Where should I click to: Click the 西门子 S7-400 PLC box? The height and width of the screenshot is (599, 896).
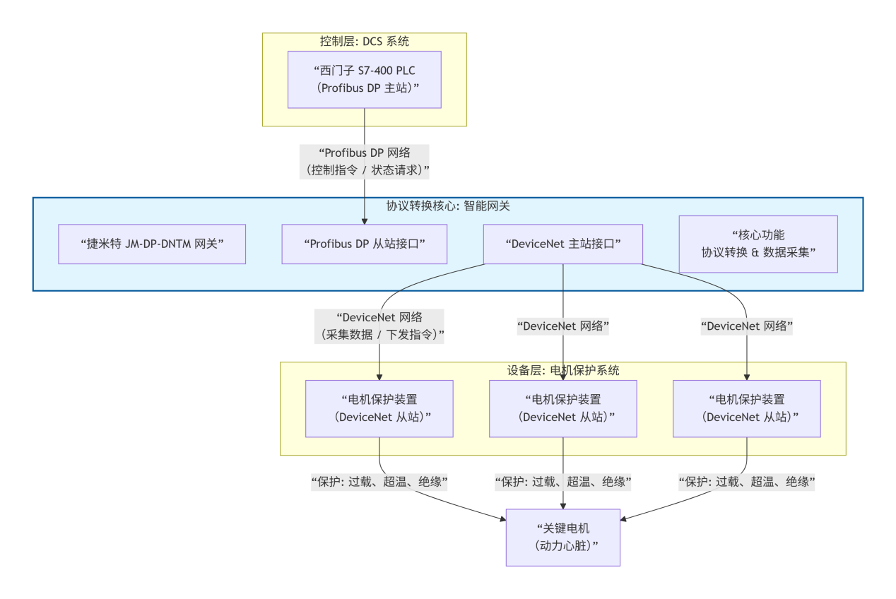(365, 79)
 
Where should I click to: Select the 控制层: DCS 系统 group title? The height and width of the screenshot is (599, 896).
(365, 42)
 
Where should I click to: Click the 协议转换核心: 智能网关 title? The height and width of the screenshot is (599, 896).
(448, 206)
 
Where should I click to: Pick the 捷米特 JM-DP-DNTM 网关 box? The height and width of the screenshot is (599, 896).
(152, 244)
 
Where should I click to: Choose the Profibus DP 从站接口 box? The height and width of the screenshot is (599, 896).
(365, 244)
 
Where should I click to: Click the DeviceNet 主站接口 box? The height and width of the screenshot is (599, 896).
(562, 244)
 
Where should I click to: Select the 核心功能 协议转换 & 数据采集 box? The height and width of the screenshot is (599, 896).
(758, 244)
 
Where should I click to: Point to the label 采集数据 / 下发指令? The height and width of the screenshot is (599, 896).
(380, 335)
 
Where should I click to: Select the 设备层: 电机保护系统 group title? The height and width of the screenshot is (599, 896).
(562, 370)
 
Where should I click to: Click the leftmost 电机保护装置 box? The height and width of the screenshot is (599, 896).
(380, 408)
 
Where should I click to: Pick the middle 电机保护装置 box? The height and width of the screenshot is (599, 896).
(562, 408)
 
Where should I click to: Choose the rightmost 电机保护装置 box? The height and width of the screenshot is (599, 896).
(746, 408)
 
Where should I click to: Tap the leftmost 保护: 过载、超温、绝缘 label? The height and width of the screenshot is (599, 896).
(380, 482)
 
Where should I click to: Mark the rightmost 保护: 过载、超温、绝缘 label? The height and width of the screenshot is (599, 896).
(746, 482)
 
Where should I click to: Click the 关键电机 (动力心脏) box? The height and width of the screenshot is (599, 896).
(562, 538)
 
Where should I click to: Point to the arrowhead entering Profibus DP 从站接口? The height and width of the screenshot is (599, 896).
(365, 220)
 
